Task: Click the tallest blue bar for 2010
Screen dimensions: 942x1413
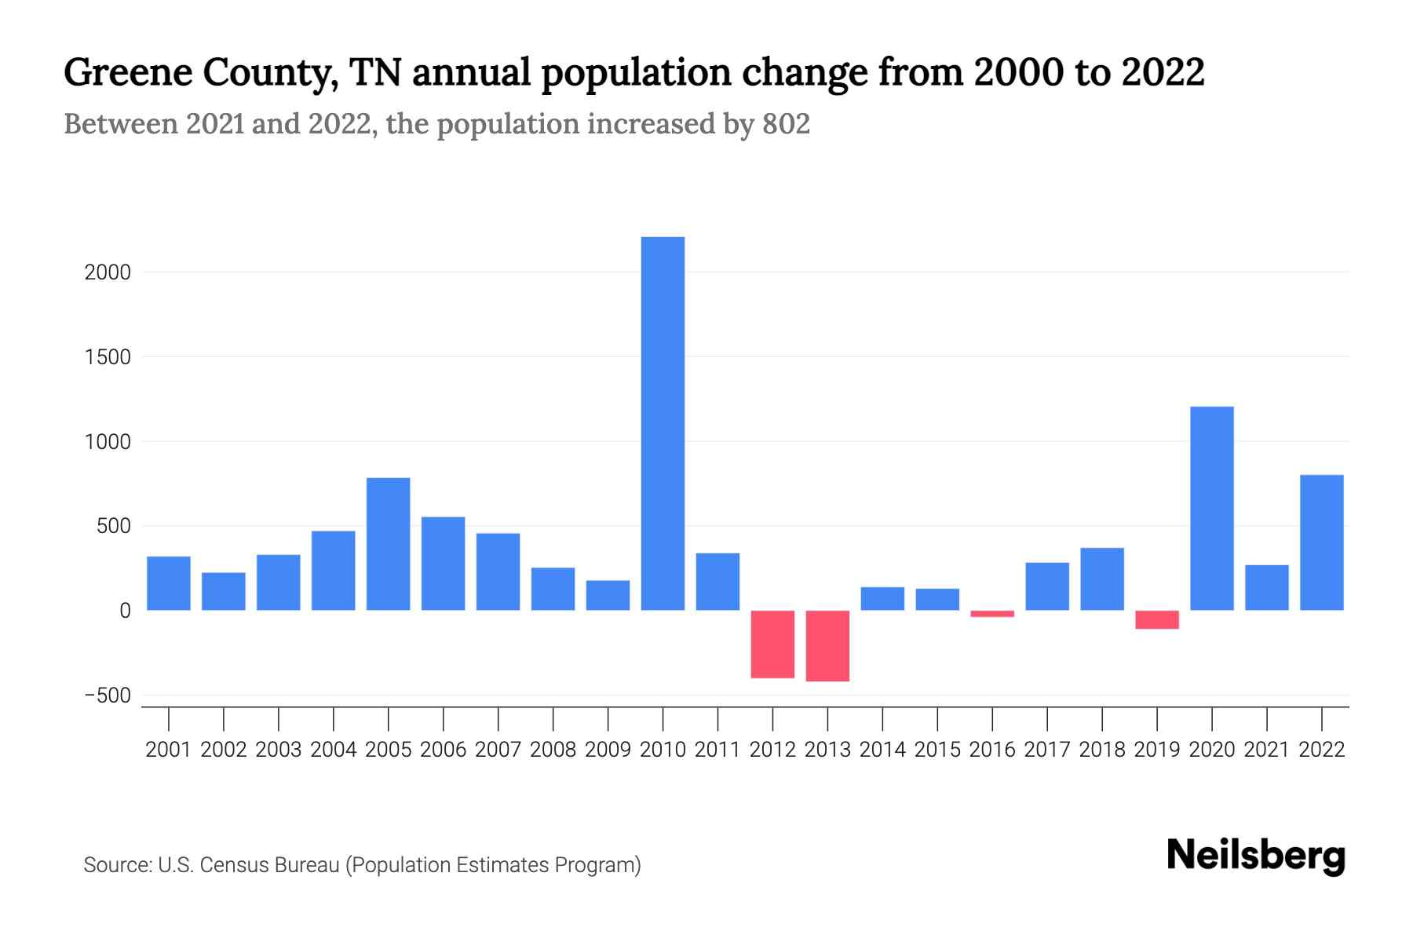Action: click(x=663, y=424)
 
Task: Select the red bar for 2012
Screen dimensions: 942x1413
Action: click(x=772, y=644)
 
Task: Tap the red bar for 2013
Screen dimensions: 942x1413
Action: click(x=827, y=645)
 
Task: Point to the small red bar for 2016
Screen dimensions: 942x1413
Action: click(x=992, y=614)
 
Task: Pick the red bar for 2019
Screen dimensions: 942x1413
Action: click(x=1157, y=619)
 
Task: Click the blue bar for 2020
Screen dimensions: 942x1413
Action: click(x=1212, y=509)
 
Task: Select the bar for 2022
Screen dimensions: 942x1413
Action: click(x=1322, y=542)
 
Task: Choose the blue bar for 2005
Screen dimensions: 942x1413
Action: click(x=389, y=544)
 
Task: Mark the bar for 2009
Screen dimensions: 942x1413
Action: click(x=608, y=595)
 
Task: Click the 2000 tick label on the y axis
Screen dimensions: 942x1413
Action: click(x=108, y=272)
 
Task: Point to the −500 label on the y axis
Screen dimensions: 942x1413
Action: click(x=107, y=696)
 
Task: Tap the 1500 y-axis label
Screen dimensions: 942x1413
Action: click(x=108, y=357)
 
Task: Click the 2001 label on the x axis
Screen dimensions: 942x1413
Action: click(x=169, y=750)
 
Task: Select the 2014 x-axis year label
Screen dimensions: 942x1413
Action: click(x=882, y=750)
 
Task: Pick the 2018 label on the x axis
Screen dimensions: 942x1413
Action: click(x=1102, y=750)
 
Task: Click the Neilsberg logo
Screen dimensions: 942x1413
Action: click(x=1256, y=856)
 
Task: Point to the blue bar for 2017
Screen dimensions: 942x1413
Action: click(x=1047, y=586)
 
